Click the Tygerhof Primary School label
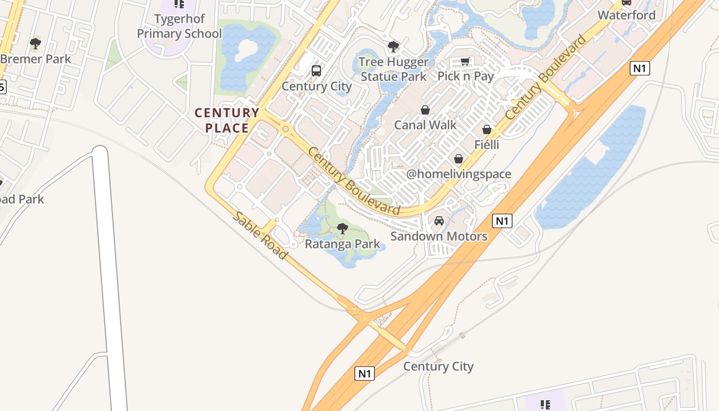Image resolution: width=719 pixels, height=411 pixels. pos(179,26)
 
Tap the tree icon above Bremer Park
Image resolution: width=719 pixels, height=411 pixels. pos(35,44)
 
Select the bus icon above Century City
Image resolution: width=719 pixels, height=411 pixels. pos(316,71)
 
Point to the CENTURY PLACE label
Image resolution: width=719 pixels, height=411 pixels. pos(226,120)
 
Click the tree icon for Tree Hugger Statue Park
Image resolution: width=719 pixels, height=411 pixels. pos(393,47)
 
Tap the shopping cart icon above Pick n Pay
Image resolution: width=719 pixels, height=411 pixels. pos(465,62)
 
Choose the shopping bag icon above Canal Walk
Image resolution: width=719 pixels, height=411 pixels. pos(425,110)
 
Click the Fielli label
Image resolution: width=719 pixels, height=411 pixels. pos(487,144)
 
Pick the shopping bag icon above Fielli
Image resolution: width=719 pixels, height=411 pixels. pos(487,129)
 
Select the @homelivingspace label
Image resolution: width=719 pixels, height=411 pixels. pos(459,174)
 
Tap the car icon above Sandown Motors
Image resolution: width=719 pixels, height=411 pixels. pos(439,221)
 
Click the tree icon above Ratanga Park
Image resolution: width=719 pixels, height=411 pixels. pos(343,229)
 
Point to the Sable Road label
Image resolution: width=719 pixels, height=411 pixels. pos(260,235)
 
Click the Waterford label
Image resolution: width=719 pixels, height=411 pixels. pos(627,15)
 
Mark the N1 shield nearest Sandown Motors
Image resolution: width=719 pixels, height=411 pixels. pos(502,221)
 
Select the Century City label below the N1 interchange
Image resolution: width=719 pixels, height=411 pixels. pos(438,366)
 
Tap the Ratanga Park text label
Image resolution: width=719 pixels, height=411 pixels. pos(343,244)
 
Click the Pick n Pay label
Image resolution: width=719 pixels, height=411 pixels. pos(465,77)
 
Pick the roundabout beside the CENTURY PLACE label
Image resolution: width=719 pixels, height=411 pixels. pos(285,129)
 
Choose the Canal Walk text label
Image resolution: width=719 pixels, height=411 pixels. pos(425,125)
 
